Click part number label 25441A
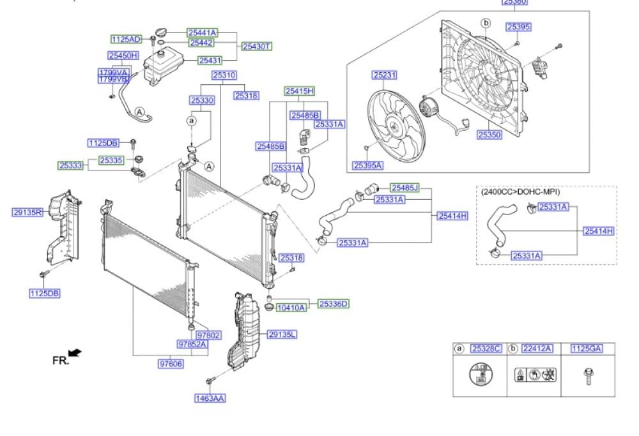203,32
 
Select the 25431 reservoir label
210,61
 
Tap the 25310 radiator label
224,75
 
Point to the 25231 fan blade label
385,75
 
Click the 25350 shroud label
489,135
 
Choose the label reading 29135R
27,212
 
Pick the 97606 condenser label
171,363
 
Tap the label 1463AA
210,398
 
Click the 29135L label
282,334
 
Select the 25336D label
334,303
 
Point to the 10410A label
291,308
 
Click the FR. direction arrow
75,352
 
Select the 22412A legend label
537,349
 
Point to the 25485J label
405,188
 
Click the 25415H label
299,91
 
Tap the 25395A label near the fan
367,165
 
